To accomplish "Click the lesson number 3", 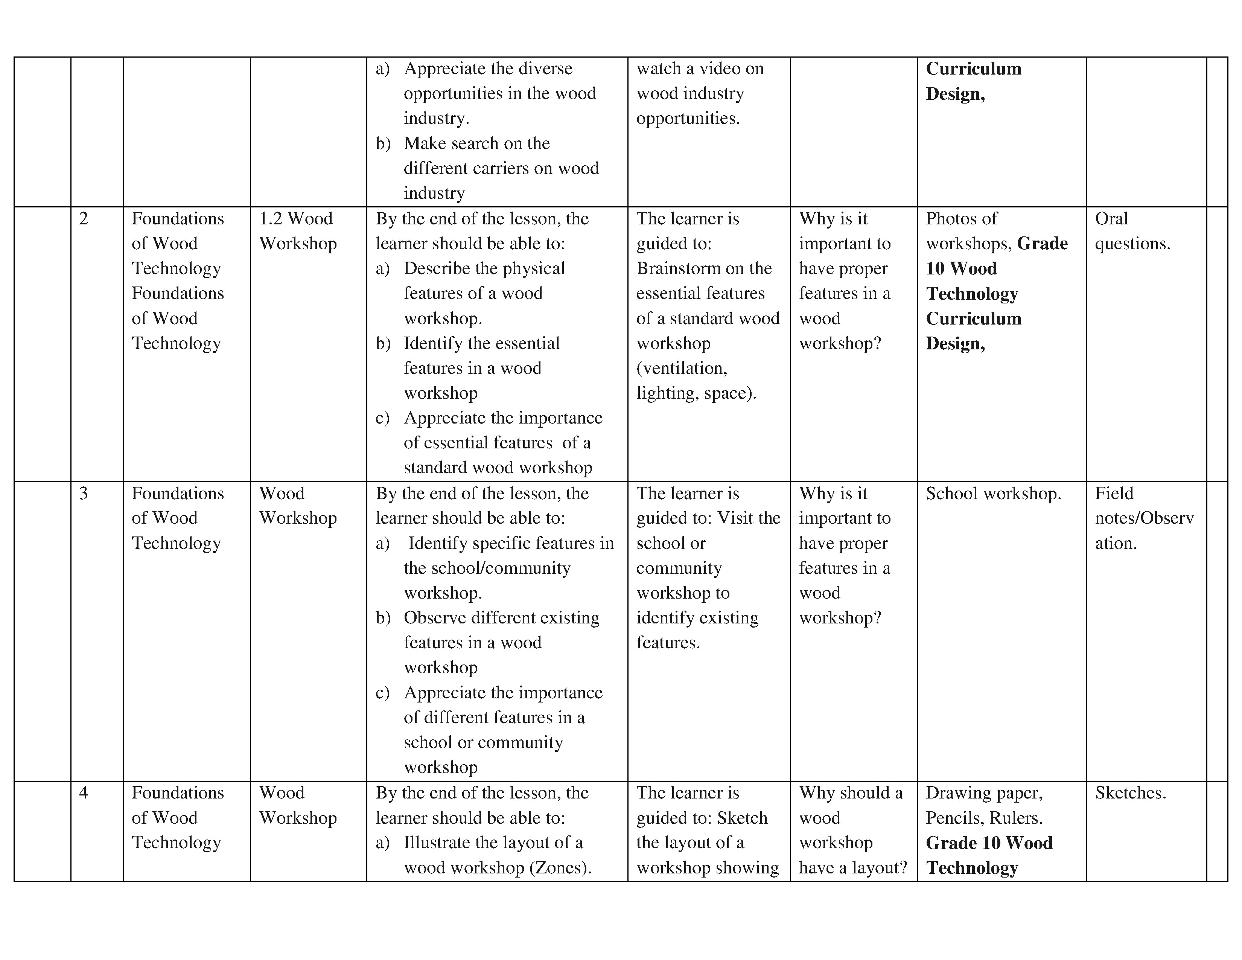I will click(x=84, y=494).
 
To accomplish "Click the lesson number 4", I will click(x=84, y=793).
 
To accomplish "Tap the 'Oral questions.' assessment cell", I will click(x=1132, y=231).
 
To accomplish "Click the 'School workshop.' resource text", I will click(x=993, y=494).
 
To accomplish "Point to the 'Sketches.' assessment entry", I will click(x=1130, y=793).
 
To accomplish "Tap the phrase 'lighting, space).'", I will click(x=696, y=393).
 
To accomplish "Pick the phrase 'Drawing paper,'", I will click(x=984, y=793).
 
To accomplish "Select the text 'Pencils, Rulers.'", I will click(x=984, y=818).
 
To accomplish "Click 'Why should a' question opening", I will click(x=850, y=793).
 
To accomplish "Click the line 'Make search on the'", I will click(x=476, y=144).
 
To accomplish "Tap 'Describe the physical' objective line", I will click(x=484, y=268).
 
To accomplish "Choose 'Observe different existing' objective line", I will click(x=501, y=618).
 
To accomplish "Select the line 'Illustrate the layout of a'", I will click(x=493, y=843).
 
